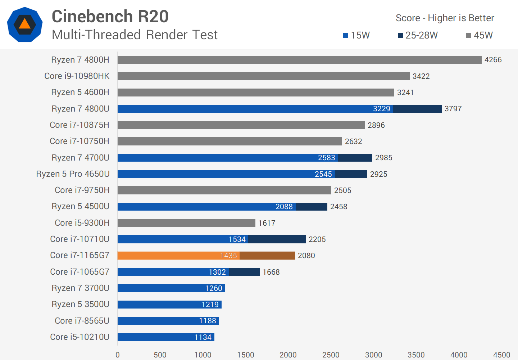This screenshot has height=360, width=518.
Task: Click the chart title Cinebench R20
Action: pyautogui.click(x=110, y=17)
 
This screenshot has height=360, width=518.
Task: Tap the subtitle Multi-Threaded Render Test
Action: pyautogui.click(x=135, y=35)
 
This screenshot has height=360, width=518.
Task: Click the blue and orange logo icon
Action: pyautogui.click(x=25, y=24)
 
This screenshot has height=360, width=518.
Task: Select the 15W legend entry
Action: pyautogui.click(x=356, y=35)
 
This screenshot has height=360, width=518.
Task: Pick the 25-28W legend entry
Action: pyautogui.click(x=418, y=35)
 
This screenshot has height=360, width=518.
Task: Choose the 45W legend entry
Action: pyautogui.click(x=479, y=35)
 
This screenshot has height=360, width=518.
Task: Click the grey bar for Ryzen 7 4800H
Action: pyautogui.click(x=299, y=60)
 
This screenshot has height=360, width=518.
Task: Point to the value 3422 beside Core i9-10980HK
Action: pyautogui.click(x=421, y=76)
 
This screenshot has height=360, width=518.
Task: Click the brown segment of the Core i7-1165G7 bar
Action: pyautogui.click(x=267, y=256)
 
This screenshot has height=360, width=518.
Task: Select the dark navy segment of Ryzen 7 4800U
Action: pyautogui.click(x=417, y=109)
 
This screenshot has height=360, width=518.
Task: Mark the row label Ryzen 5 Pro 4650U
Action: pyautogui.click(x=73, y=174)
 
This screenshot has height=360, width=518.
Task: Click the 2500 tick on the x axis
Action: pyautogui.click(x=331, y=355)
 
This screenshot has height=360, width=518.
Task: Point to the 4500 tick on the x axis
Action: pyautogui.click(x=501, y=355)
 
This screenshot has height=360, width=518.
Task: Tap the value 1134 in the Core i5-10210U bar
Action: pyautogui.click(x=203, y=337)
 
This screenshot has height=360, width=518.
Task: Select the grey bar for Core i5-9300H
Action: pyautogui.click(x=186, y=223)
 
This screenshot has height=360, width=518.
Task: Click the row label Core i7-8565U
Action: pyautogui.click(x=82, y=321)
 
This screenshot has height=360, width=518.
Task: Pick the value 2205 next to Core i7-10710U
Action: pyautogui.click(x=317, y=239)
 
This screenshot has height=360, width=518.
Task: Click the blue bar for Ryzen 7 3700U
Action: pyautogui.click(x=171, y=288)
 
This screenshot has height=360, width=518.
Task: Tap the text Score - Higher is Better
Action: pyautogui.click(x=445, y=18)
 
